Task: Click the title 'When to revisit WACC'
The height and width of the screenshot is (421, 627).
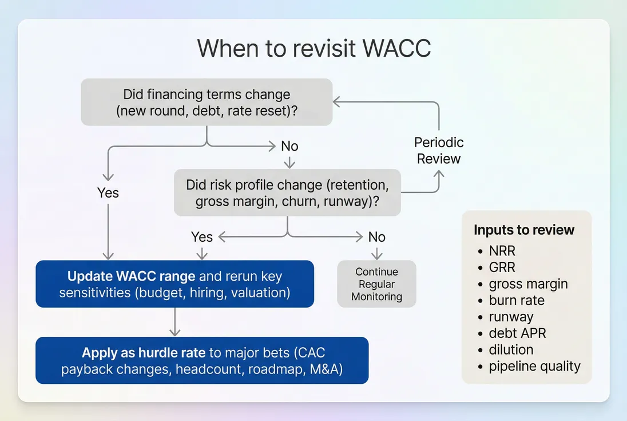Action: tap(313, 49)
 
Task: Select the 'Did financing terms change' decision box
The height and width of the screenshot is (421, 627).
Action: tap(207, 103)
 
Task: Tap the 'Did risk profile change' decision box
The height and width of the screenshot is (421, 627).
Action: tap(287, 193)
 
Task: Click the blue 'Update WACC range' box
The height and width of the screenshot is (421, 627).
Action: tap(174, 284)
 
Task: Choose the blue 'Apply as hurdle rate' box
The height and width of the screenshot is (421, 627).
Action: tap(202, 360)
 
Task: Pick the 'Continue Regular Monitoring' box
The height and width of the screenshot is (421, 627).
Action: tap(376, 284)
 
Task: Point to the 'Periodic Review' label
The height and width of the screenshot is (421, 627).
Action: tap(439, 150)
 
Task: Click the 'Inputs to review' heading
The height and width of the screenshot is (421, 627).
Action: tap(524, 230)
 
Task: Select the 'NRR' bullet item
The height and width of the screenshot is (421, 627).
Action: tap(502, 251)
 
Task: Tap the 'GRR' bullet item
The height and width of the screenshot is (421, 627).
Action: tap(502, 267)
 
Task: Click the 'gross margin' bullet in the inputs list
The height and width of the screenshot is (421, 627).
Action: tap(528, 284)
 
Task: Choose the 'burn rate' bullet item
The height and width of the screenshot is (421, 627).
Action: tap(517, 301)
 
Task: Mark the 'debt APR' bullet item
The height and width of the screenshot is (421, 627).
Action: tap(517, 333)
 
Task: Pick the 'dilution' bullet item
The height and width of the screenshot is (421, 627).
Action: tap(511, 350)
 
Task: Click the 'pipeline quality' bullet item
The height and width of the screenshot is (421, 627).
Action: tap(534, 367)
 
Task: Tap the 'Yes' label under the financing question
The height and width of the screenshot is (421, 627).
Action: tap(108, 193)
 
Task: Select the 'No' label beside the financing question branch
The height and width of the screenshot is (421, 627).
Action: tap(289, 147)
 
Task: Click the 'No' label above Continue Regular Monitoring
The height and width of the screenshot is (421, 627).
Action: tap(376, 237)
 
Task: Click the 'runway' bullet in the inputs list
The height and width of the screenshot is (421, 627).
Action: tap(511, 317)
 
